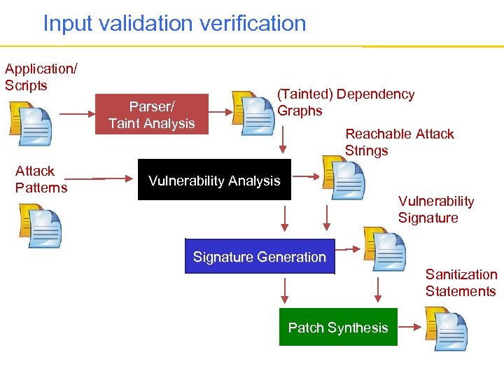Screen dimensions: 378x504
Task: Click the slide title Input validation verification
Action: coord(174,23)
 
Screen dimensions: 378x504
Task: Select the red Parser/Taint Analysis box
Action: coord(152,115)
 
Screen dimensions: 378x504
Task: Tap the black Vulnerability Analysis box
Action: coord(214,181)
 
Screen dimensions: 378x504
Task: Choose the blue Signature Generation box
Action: coord(260,256)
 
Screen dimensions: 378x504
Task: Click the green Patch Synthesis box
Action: coord(338,327)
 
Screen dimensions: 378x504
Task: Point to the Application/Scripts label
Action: coord(41,77)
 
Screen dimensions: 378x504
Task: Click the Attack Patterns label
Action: coord(41,179)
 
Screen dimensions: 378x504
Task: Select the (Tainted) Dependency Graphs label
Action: coord(346,102)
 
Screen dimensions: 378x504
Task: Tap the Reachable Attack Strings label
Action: coord(399,142)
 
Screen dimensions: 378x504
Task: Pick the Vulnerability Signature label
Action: coord(435,209)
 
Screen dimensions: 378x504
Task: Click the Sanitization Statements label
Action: coord(461,283)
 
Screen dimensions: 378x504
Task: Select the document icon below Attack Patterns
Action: coord(40,225)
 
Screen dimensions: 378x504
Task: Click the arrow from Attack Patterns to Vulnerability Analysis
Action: coord(114,178)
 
